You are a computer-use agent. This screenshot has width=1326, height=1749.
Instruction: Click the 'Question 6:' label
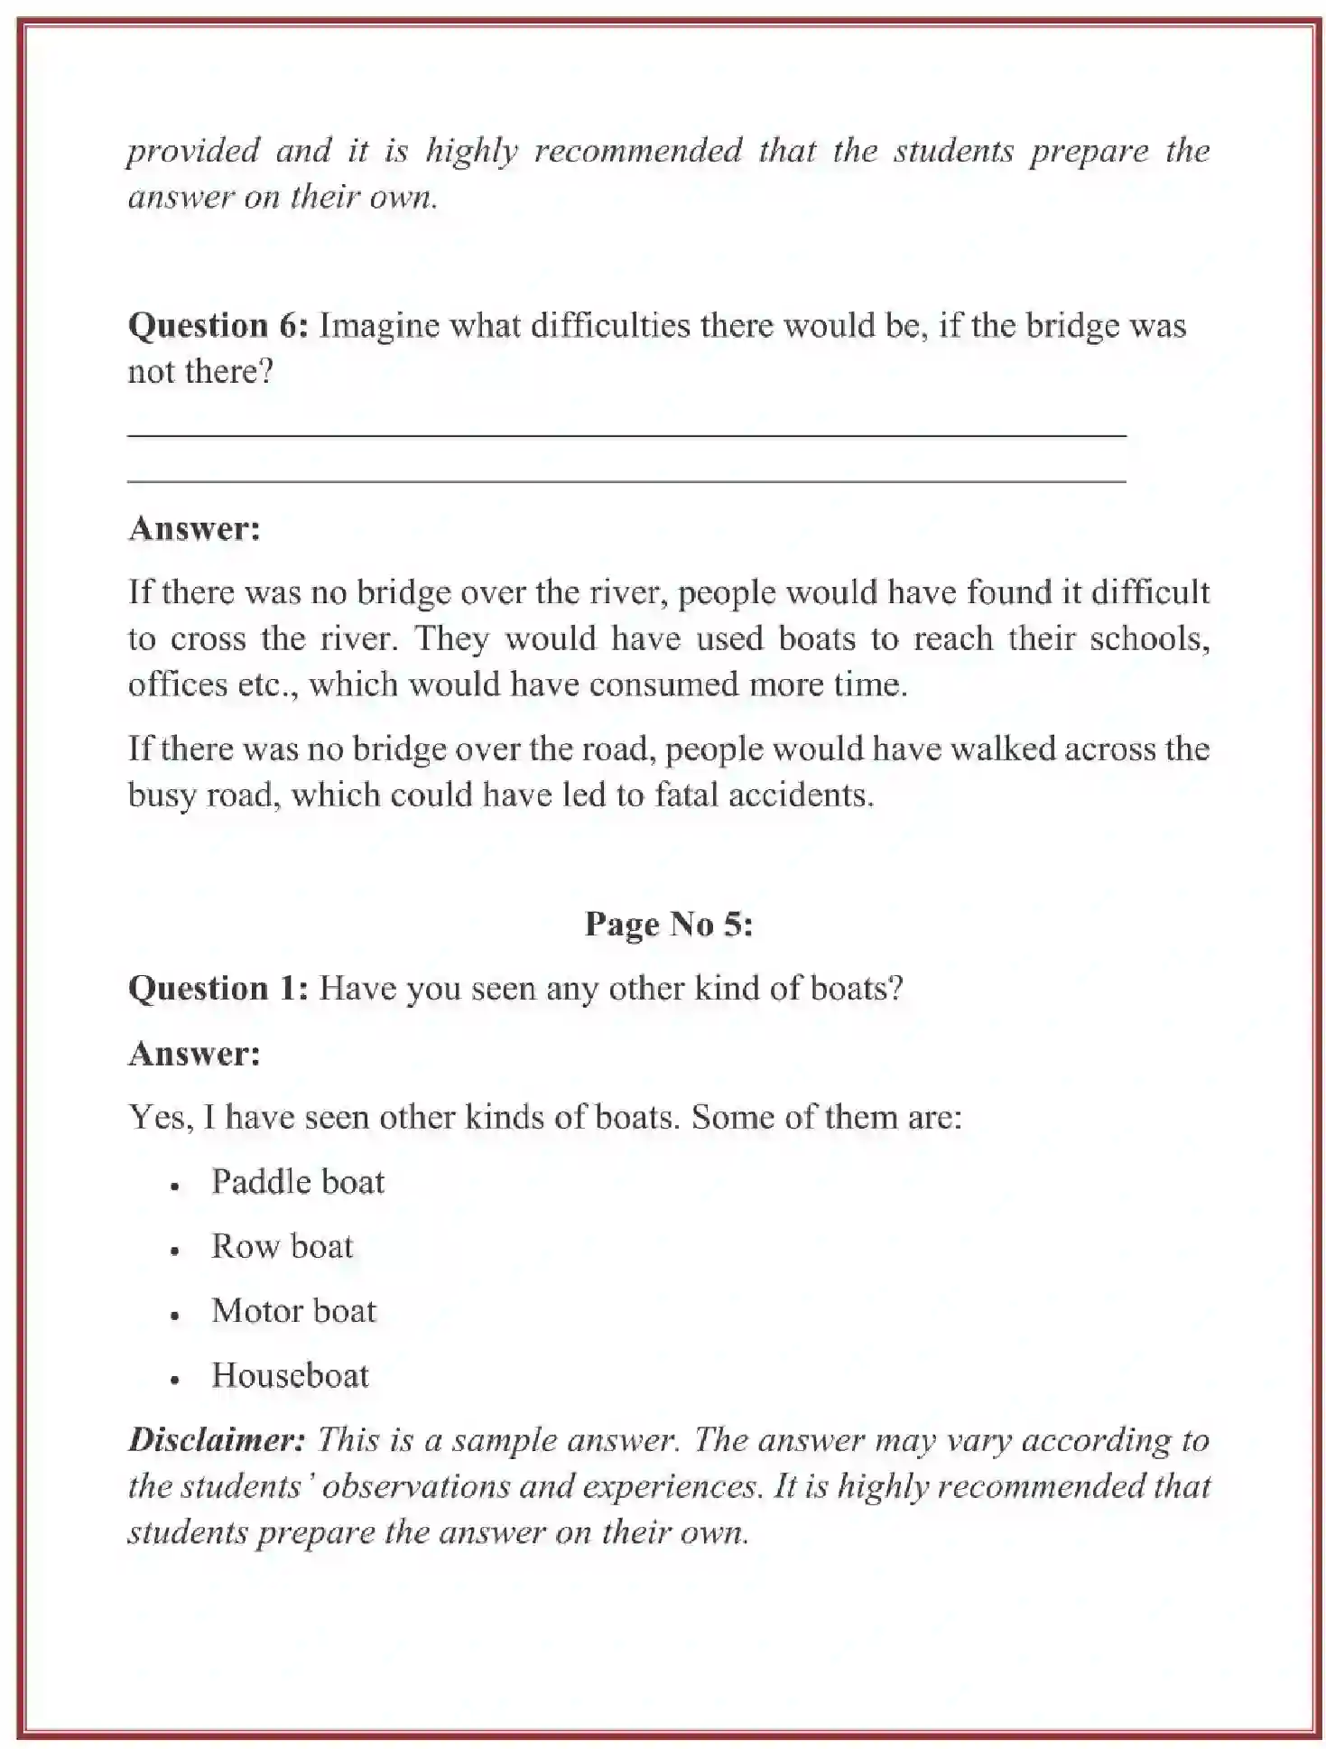218,326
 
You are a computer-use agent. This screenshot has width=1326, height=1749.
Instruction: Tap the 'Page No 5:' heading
668,924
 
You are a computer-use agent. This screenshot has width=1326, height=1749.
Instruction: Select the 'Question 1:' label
218,989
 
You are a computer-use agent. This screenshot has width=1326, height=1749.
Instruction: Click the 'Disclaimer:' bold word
217,1439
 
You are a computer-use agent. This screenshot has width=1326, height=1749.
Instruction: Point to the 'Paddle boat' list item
297,1182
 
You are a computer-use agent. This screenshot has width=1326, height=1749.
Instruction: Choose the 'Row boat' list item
282,1247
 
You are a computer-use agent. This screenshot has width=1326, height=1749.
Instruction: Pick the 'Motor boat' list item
293,1311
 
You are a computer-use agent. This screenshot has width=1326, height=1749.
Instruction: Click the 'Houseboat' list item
290,1376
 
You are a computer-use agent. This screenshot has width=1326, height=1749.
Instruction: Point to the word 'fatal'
686,795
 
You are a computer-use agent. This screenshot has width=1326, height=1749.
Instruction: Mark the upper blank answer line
626,436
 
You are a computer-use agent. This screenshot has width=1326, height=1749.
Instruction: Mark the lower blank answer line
626,482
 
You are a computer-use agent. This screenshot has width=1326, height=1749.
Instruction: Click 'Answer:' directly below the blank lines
194,529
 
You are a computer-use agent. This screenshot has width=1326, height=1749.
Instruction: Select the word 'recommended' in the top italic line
637,151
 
